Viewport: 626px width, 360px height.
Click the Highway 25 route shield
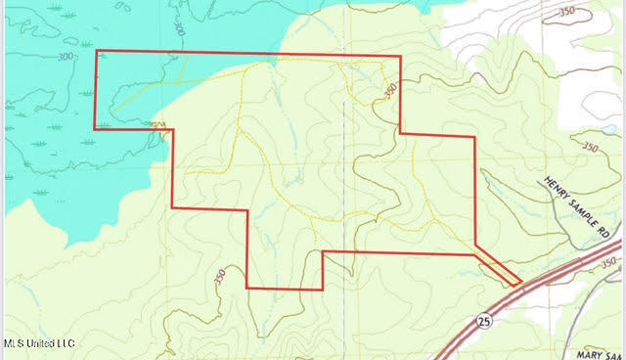484,320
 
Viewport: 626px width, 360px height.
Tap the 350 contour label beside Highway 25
608,263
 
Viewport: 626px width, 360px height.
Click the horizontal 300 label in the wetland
67,57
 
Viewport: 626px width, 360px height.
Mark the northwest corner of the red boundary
96,51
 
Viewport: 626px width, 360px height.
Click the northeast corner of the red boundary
400,58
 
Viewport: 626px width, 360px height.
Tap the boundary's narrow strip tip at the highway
516,284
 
